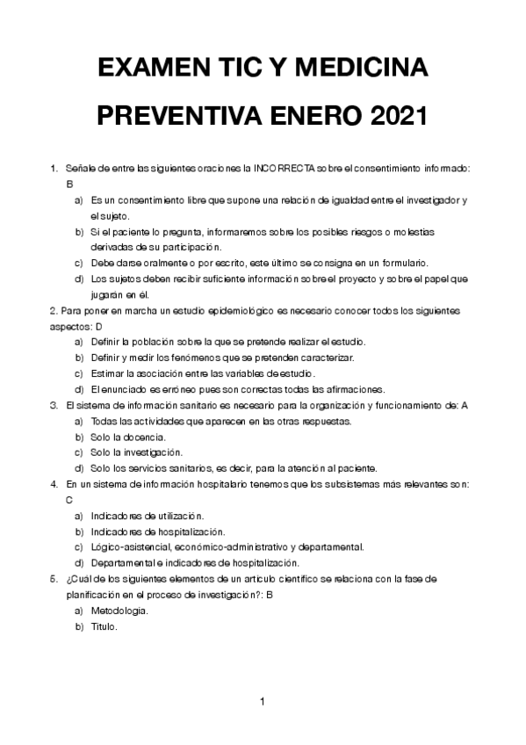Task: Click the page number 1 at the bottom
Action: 263,701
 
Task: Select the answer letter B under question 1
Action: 69,184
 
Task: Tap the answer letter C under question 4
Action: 69,499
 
